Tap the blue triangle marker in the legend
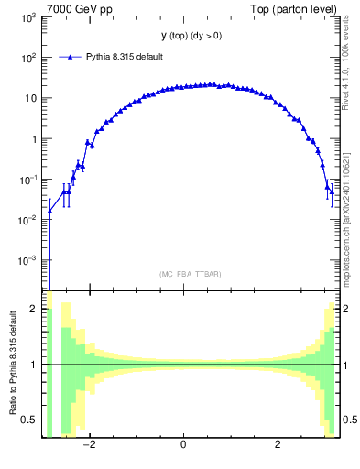(71, 57)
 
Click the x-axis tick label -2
(89, 445)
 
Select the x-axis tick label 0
(184, 445)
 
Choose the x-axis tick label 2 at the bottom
(278, 445)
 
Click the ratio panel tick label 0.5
(28, 420)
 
